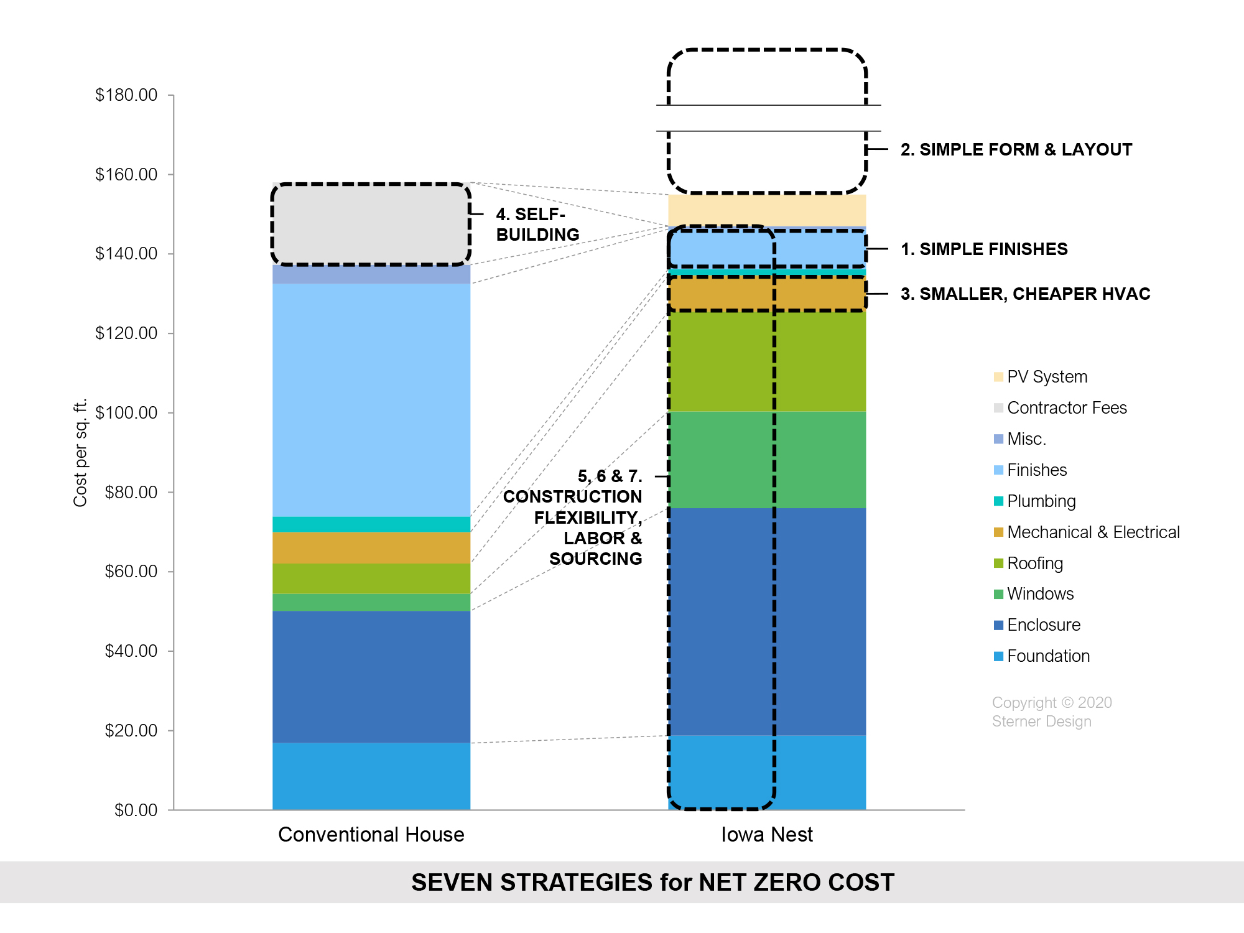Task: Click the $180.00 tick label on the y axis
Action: coord(126,95)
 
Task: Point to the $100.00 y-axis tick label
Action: coord(126,413)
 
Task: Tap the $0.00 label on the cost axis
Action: coord(136,810)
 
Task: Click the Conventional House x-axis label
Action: coord(371,835)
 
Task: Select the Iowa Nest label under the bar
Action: coord(767,835)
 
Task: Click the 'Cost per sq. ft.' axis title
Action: coord(81,453)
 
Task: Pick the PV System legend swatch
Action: coord(998,377)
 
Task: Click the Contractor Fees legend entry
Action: coord(1060,408)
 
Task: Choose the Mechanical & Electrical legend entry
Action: coord(1087,532)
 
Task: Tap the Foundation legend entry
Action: coord(1042,656)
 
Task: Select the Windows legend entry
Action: coord(1034,594)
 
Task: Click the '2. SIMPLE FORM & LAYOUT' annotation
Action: coord(1016,150)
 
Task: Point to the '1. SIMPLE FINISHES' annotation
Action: coord(984,249)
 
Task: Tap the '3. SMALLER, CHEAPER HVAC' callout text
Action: coord(1026,294)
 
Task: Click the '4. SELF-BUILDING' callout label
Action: coord(538,225)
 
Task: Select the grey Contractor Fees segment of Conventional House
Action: coord(371,224)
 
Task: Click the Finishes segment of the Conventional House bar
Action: coord(371,400)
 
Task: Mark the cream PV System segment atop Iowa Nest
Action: coord(767,210)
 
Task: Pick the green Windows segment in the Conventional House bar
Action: coord(371,602)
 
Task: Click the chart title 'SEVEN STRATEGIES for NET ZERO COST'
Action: coord(652,883)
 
